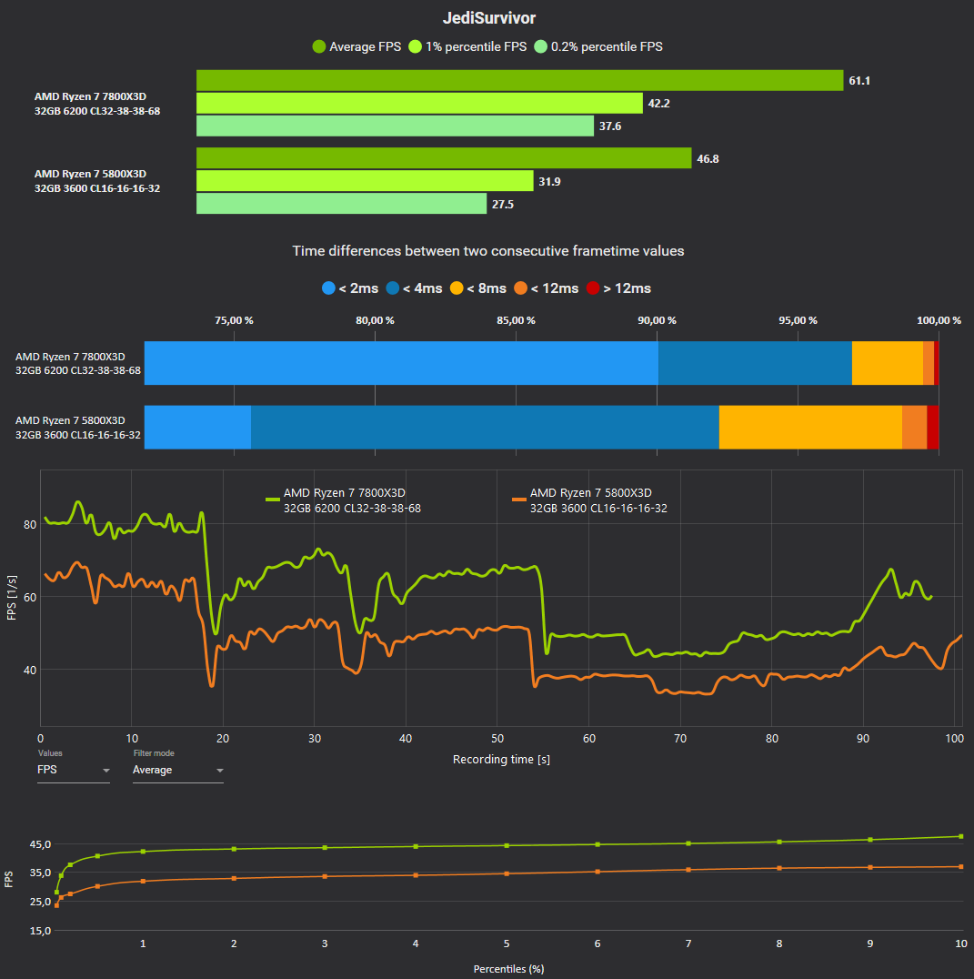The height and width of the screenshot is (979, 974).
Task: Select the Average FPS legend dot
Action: pyautogui.click(x=319, y=46)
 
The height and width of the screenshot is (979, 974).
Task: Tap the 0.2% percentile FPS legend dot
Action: pyautogui.click(x=541, y=46)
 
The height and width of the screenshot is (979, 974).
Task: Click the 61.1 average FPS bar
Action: pyautogui.click(x=519, y=80)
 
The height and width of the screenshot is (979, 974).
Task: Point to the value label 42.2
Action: pyautogui.click(x=658, y=104)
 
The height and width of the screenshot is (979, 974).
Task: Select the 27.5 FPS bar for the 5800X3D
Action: pyautogui.click(x=341, y=204)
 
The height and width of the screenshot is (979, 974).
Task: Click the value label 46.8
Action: pyautogui.click(x=708, y=158)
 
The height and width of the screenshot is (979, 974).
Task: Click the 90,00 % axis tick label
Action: pyautogui.click(x=657, y=320)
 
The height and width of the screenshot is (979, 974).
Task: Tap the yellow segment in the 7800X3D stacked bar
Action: pyautogui.click(x=887, y=363)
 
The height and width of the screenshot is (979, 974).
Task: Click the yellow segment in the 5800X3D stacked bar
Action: pyautogui.click(x=810, y=428)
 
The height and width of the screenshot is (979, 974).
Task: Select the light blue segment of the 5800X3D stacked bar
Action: pyautogui.click(x=197, y=428)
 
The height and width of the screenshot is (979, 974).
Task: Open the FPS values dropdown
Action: pyautogui.click(x=73, y=770)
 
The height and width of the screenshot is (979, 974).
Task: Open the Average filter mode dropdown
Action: pyautogui.click(x=177, y=770)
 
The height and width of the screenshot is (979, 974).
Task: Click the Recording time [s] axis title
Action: pyautogui.click(x=501, y=759)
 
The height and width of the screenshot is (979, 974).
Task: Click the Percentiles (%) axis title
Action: pyautogui.click(x=508, y=968)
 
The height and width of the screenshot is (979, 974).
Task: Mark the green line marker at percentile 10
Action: pyautogui.click(x=961, y=836)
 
